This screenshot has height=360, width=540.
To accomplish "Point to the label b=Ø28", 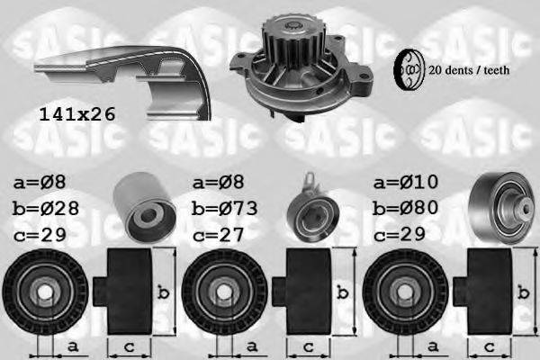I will click(x=48, y=207).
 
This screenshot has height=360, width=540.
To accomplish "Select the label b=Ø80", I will click(x=406, y=207).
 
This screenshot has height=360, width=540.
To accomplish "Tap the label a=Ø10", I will click(x=406, y=183).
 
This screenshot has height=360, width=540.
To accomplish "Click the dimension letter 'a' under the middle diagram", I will click(x=250, y=346).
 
